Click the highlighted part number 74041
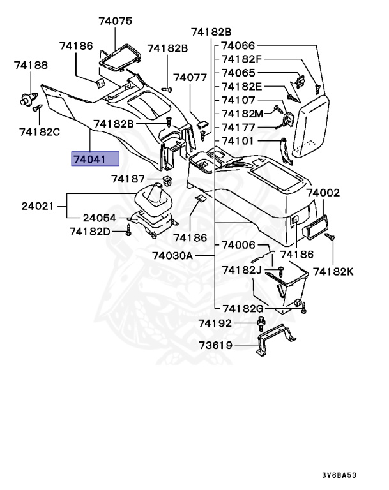[x=94, y=158]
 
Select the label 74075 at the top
[x=115, y=21]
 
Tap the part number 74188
[x=31, y=65]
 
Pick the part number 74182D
[x=89, y=231]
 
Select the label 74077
[x=191, y=77]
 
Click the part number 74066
[x=238, y=46]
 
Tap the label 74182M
[x=242, y=113]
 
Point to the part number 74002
[x=323, y=192]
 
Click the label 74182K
[x=333, y=272]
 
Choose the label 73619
[x=215, y=346]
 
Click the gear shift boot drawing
[x=155, y=201]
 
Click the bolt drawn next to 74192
[x=261, y=325]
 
